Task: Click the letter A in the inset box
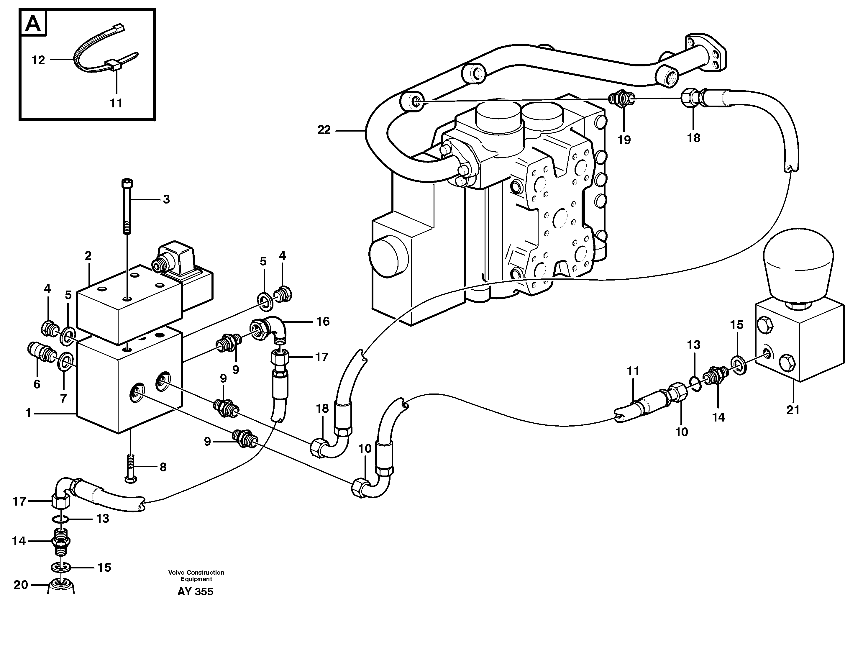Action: pyautogui.click(x=33, y=24)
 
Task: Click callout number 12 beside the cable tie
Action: pyautogui.click(x=38, y=60)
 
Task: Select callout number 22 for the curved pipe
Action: pyautogui.click(x=324, y=130)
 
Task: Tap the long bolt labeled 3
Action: pyautogui.click(x=127, y=207)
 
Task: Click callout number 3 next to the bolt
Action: pyautogui.click(x=166, y=199)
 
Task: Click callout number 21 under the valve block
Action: pyautogui.click(x=793, y=410)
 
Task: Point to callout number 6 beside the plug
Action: pyautogui.click(x=37, y=384)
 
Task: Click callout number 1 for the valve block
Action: pyautogui.click(x=28, y=413)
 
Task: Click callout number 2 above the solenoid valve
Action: pyautogui.click(x=88, y=256)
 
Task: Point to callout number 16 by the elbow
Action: pyautogui.click(x=323, y=322)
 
